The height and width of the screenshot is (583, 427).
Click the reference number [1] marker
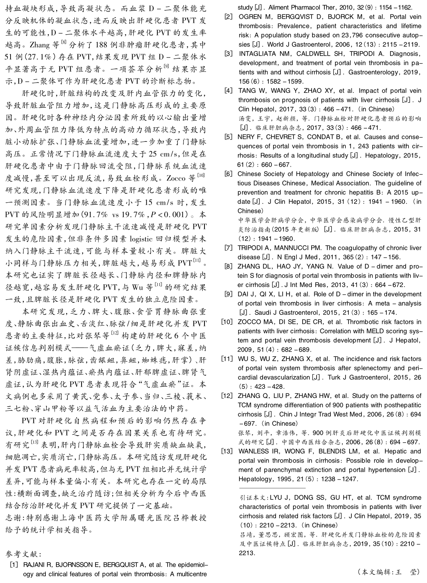[14, 565]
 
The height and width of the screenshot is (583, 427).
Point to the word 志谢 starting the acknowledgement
[14, 518]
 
